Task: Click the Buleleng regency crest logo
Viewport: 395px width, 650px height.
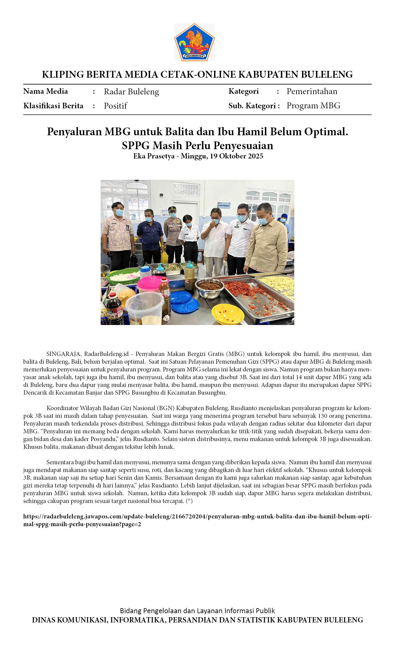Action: coord(194,42)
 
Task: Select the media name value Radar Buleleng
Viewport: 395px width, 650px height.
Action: coord(131,92)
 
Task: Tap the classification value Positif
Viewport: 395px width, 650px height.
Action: coord(115,106)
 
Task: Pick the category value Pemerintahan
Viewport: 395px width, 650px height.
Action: coord(312,91)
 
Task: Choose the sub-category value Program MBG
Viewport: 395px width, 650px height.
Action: coord(313,106)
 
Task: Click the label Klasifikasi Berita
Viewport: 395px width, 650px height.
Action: coord(53,106)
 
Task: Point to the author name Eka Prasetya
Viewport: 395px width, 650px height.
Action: coord(154,156)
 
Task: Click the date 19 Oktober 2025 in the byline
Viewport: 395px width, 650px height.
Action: coord(236,156)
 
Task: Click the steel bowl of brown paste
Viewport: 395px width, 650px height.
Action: coord(209,287)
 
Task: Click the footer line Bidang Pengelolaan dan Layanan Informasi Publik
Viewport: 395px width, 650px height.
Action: coord(197,611)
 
